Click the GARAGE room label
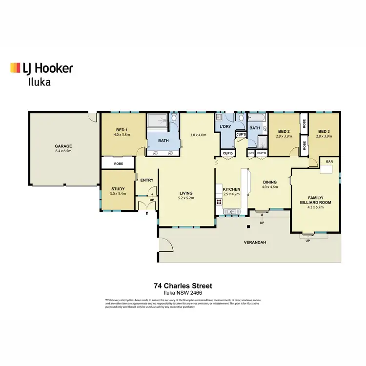coord(63,146)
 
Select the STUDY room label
coord(118,189)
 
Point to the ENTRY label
coord(147,180)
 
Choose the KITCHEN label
coord(231,189)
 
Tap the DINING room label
coord(269,182)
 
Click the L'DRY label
coord(225,127)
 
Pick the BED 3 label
coord(324,131)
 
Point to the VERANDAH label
coord(255,243)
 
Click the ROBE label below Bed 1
coord(118,163)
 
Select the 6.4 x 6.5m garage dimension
coord(63,151)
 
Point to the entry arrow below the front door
coord(146,213)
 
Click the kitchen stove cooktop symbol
coord(218,201)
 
